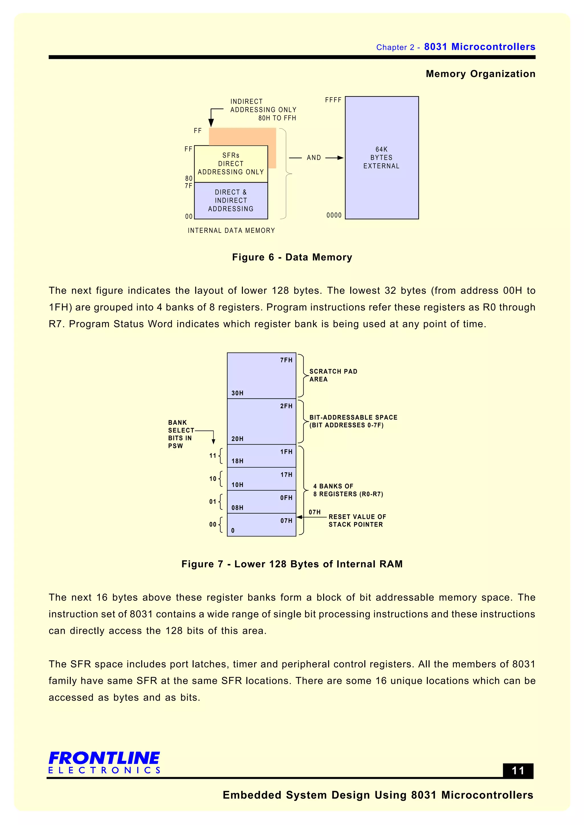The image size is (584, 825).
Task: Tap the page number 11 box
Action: click(x=518, y=771)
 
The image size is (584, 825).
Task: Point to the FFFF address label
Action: click(x=333, y=100)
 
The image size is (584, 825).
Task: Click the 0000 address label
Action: click(x=334, y=215)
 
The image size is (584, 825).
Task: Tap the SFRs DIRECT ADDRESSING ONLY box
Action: click(x=231, y=164)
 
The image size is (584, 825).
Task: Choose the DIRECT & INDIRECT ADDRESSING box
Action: click(x=231, y=201)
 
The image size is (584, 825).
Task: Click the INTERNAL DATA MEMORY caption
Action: click(x=231, y=230)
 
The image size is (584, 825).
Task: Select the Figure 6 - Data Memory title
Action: click(x=292, y=257)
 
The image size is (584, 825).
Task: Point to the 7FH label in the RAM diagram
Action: click(x=286, y=360)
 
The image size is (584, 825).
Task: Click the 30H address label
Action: click(x=237, y=393)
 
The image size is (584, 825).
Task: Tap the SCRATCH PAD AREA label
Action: click(x=333, y=375)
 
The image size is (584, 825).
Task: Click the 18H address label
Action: click(x=237, y=461)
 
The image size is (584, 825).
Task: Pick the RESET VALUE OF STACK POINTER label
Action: click(x=357, y=521)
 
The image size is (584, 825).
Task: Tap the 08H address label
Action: click(x=237, y=508)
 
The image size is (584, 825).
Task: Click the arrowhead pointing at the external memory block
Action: click(x=340, y=158)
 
